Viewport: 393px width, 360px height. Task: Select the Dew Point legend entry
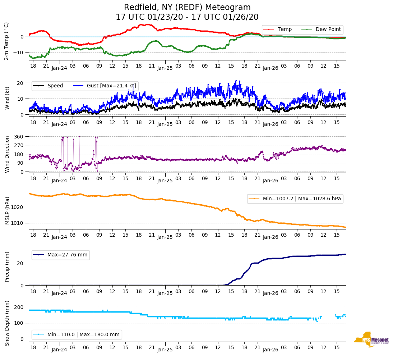(328, 29)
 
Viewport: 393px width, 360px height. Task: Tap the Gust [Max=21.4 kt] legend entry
(111, 86)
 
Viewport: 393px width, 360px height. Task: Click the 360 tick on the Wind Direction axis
(19, 137)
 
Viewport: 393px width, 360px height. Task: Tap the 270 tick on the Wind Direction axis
(19, 145)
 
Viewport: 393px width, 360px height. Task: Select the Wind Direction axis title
(7, 154)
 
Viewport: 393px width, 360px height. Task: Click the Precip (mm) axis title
(7, 267)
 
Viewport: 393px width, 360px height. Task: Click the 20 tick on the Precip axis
(20, 263)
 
